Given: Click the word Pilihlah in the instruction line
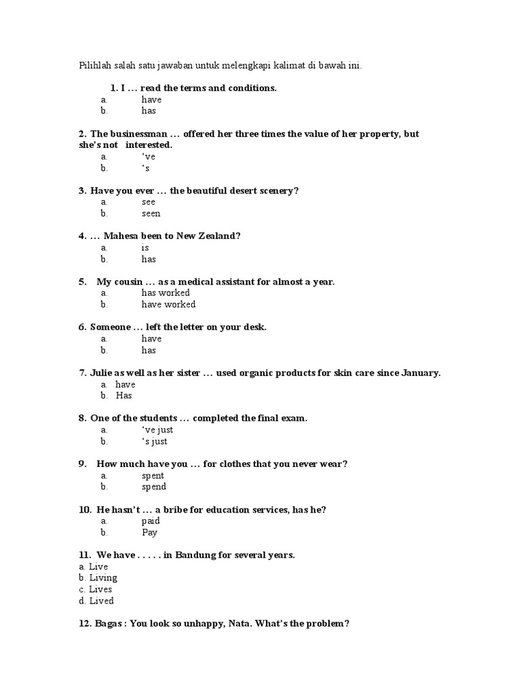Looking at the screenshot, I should pyautogui.click(x=96, y=66).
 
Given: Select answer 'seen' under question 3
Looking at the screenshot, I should pyautogui.click(x=151, y=214).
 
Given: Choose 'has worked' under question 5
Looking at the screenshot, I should pyautogui.click(x=165, y=293).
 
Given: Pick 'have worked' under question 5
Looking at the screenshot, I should pyautogui.click(x=168, y=305).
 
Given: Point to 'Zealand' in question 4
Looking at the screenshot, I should pyautogui.click(x=218, y=236).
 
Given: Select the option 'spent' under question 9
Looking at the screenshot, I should pyautogui.click(x=153, y=476).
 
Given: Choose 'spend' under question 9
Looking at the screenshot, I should pyautogui.click(x=153, y=487).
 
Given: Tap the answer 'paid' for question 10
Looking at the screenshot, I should pyautogui.click(x=151, y=521).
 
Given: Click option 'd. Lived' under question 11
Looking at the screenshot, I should pyautogui.click(x=96, y=601).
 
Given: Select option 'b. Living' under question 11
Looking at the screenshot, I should pyautogui.click(x=98, y=578).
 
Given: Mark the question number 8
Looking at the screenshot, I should pyautogui.click(x=82, y=419).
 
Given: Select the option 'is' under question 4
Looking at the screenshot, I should pyautogui.click(x=145, y=248).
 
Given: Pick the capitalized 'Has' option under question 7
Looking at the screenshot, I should pyautogui.click(x=123, y=396).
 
